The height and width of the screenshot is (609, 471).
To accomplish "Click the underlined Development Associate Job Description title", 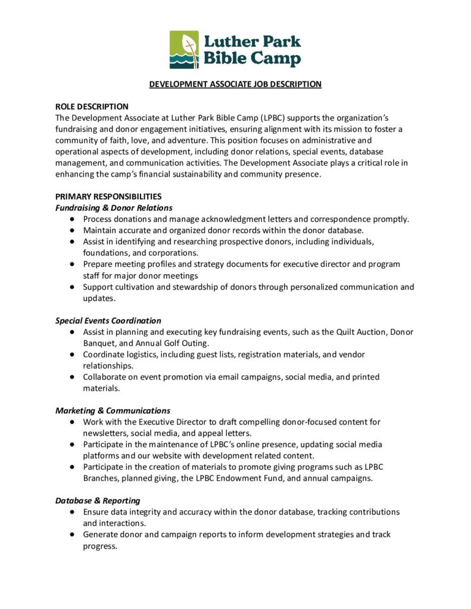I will pos(235,84).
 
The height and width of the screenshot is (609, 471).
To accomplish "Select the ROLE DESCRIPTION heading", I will pos(92,106).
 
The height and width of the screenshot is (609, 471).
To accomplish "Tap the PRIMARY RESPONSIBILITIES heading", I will pos(108,196).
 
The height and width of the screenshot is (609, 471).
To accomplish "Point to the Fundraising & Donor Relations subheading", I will pos(114,208).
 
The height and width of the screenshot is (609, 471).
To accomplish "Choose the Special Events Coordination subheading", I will pos(108,321).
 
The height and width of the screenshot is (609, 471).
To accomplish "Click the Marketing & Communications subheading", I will pos(113,410).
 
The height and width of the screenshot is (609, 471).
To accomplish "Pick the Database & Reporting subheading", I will pos(98,501).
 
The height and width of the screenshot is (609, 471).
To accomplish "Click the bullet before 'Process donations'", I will pos(71,219).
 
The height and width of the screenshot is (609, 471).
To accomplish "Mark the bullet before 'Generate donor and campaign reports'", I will pos(71,535).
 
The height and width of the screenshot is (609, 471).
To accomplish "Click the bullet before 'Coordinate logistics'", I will pos(71,354).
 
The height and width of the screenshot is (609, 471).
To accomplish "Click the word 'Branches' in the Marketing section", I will pos(99,478).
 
